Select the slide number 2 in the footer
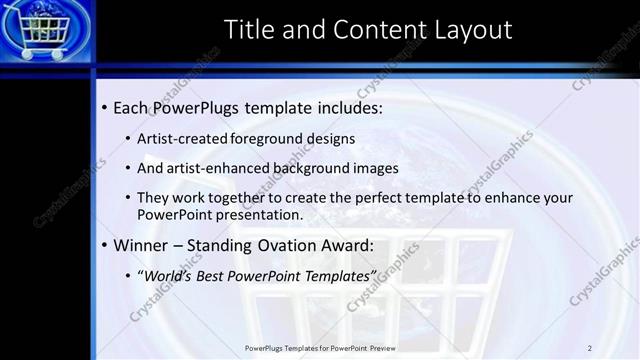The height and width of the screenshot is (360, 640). [589, 347]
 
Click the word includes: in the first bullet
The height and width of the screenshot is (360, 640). [346, 107]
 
